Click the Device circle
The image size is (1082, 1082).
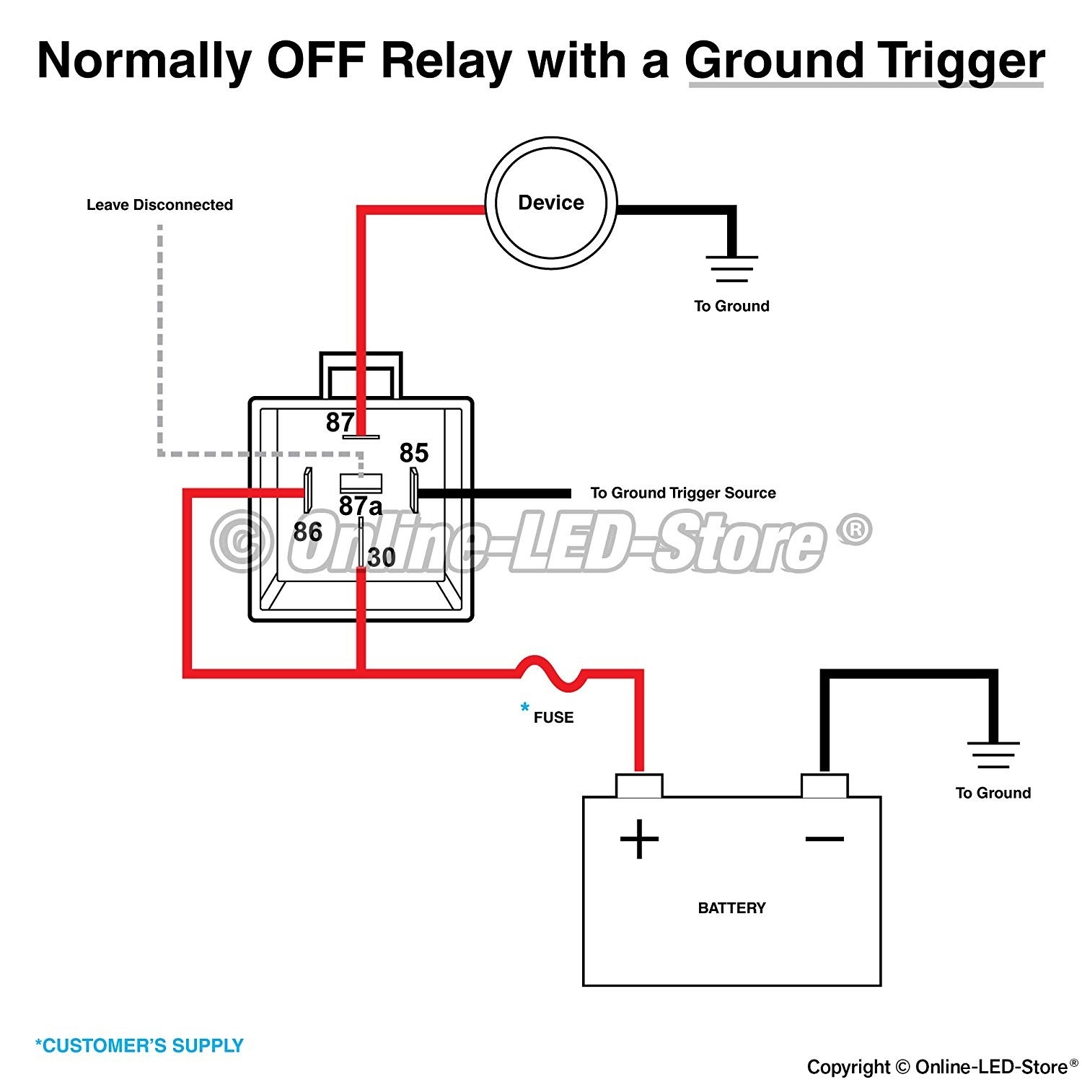click(x=551, y=203)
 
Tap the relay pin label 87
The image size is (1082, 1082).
click(x=340, y=422)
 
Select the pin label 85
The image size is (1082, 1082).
click(x=414, y=453)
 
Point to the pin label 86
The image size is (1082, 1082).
click(x=307, y=532)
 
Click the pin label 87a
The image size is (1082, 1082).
click(x=360, y=506)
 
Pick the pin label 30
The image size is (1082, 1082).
click(x=382, y=558)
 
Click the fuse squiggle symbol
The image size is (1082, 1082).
click(x=550, y=672)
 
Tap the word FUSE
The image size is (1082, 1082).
click(x=553, y=718)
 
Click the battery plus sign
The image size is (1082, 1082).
click(x=639, y=839)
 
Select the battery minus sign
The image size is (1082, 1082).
click(x=824, y=838)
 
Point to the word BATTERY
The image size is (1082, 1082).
click(x=731, y=908)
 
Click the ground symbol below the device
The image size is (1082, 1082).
click(x=731, y=268)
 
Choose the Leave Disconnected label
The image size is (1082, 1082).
click(x=159, y=205)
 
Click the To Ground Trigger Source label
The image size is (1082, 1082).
click(x=683, y=493)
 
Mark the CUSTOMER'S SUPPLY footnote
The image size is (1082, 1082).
click(x=140, y=1045)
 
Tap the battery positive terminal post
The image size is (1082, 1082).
click(x=639, y=786)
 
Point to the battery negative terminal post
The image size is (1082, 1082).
click(x=824, y=786)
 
